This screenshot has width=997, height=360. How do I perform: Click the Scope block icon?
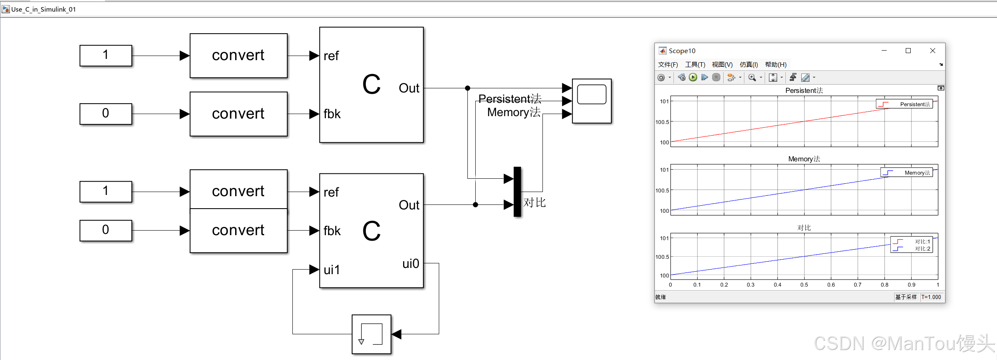(591, 101)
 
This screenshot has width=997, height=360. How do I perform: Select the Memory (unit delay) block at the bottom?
(371, 334)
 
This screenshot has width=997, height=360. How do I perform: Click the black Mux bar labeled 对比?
(517, 192)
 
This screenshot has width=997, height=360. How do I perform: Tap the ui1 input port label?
(332, 270)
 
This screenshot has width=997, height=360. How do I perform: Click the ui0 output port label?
(411, 264)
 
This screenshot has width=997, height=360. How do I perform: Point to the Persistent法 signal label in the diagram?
(510, 99)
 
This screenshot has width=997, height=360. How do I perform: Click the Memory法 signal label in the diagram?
(513, 112)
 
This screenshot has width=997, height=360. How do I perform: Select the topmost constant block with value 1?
(106, 55)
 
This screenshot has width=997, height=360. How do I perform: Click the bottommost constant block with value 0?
(106, 230)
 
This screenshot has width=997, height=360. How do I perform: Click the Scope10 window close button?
(933, 51)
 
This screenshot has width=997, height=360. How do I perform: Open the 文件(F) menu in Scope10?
(668, 65)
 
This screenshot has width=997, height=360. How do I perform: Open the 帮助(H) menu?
(776, 65)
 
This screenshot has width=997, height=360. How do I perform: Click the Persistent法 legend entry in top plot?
(914, 104)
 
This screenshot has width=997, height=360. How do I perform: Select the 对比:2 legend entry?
(922, 248)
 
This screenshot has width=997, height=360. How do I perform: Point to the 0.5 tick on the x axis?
(804, 285)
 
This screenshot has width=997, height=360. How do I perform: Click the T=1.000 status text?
(931, 297)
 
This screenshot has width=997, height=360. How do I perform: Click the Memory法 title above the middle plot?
(804, 159)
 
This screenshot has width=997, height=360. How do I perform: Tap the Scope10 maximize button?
(908, 51)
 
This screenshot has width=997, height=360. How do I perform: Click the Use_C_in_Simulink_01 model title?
(44, 9)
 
